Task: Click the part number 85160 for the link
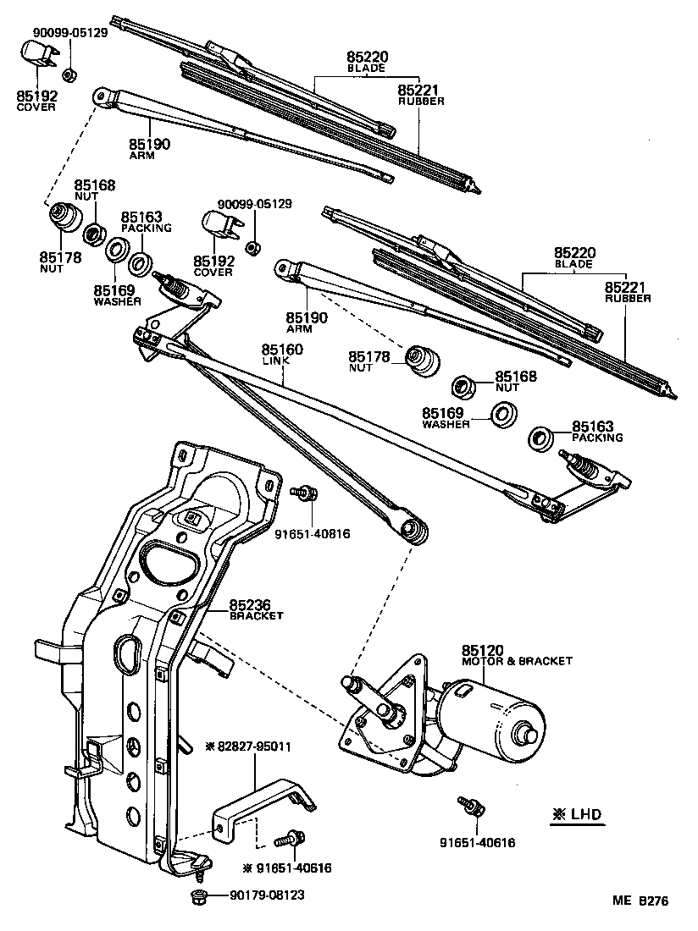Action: tap(282, 349)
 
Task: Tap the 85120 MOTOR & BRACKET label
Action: tap(517, 655)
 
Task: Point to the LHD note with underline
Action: tap(578, 815)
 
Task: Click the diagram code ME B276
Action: tap(640, 901)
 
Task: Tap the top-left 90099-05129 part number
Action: tap(70, 33)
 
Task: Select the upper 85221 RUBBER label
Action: tap(421, 94)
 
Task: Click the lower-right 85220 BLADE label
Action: tap(575, 257)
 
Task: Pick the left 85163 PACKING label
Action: tap(146, 222)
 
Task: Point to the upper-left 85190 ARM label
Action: tap(150, 149)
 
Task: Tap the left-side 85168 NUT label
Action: tap(95, 190)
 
